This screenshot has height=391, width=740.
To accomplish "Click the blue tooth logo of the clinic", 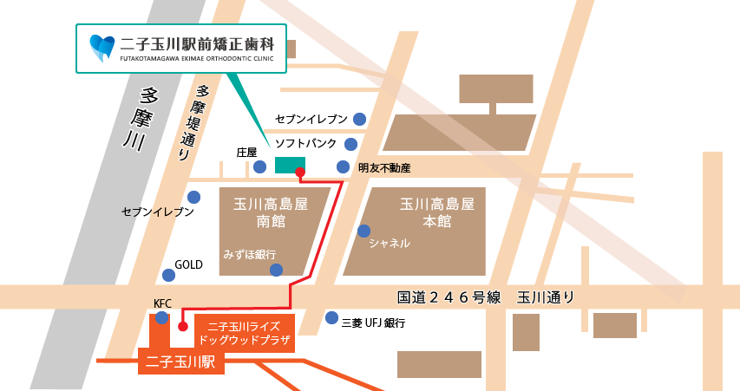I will (102, 48).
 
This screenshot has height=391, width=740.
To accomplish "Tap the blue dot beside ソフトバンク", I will (351, 144).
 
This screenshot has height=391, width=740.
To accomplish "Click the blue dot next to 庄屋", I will (259, 166).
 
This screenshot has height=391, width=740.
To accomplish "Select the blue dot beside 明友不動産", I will (343, 166).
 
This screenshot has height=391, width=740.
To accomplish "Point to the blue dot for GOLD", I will (168, 275).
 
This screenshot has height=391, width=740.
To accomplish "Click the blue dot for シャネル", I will (364, 231).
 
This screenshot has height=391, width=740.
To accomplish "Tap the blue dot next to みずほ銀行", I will (276, 270).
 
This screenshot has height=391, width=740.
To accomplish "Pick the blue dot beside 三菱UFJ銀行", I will (331, 318).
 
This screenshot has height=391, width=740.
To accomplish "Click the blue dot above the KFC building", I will (161, 318).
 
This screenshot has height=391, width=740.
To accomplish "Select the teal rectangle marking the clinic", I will (290, 165).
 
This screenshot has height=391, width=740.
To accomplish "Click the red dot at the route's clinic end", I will (300, 173).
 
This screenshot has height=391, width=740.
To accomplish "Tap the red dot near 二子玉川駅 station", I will (182, 327).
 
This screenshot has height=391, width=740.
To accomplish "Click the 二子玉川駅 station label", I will (181, 362).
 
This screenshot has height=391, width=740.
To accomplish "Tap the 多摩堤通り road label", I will (193, 122).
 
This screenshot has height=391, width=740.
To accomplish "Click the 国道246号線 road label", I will (449, 297).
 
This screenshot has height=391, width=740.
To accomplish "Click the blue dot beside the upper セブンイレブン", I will (358, 119).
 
